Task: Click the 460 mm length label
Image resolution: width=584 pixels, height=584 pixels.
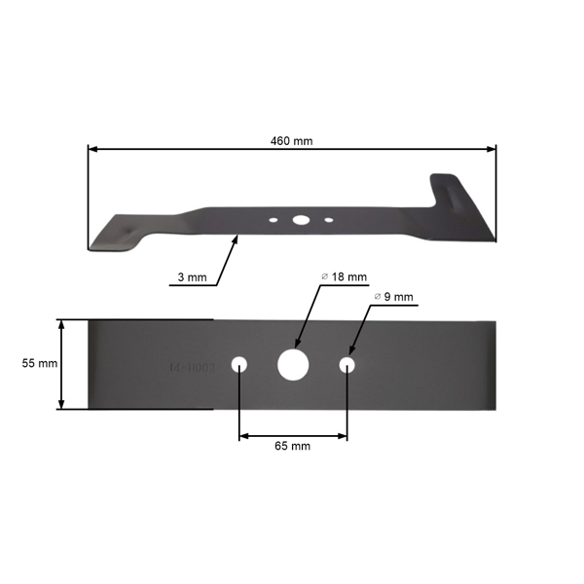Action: tap(292, 141)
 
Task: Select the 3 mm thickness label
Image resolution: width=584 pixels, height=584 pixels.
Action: tap(192, 278)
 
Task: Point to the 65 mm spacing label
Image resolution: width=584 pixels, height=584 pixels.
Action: tap(292, 446)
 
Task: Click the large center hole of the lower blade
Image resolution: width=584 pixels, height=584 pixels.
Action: tap(292, 364)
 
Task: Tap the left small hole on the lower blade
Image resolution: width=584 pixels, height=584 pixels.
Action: tap(239, 364)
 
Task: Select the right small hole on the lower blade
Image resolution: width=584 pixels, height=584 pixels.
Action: tap(347, 364)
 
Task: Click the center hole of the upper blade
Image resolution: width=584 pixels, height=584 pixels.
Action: tap(299, 219)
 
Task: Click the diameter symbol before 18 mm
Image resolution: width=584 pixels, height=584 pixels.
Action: tap(324, 276)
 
